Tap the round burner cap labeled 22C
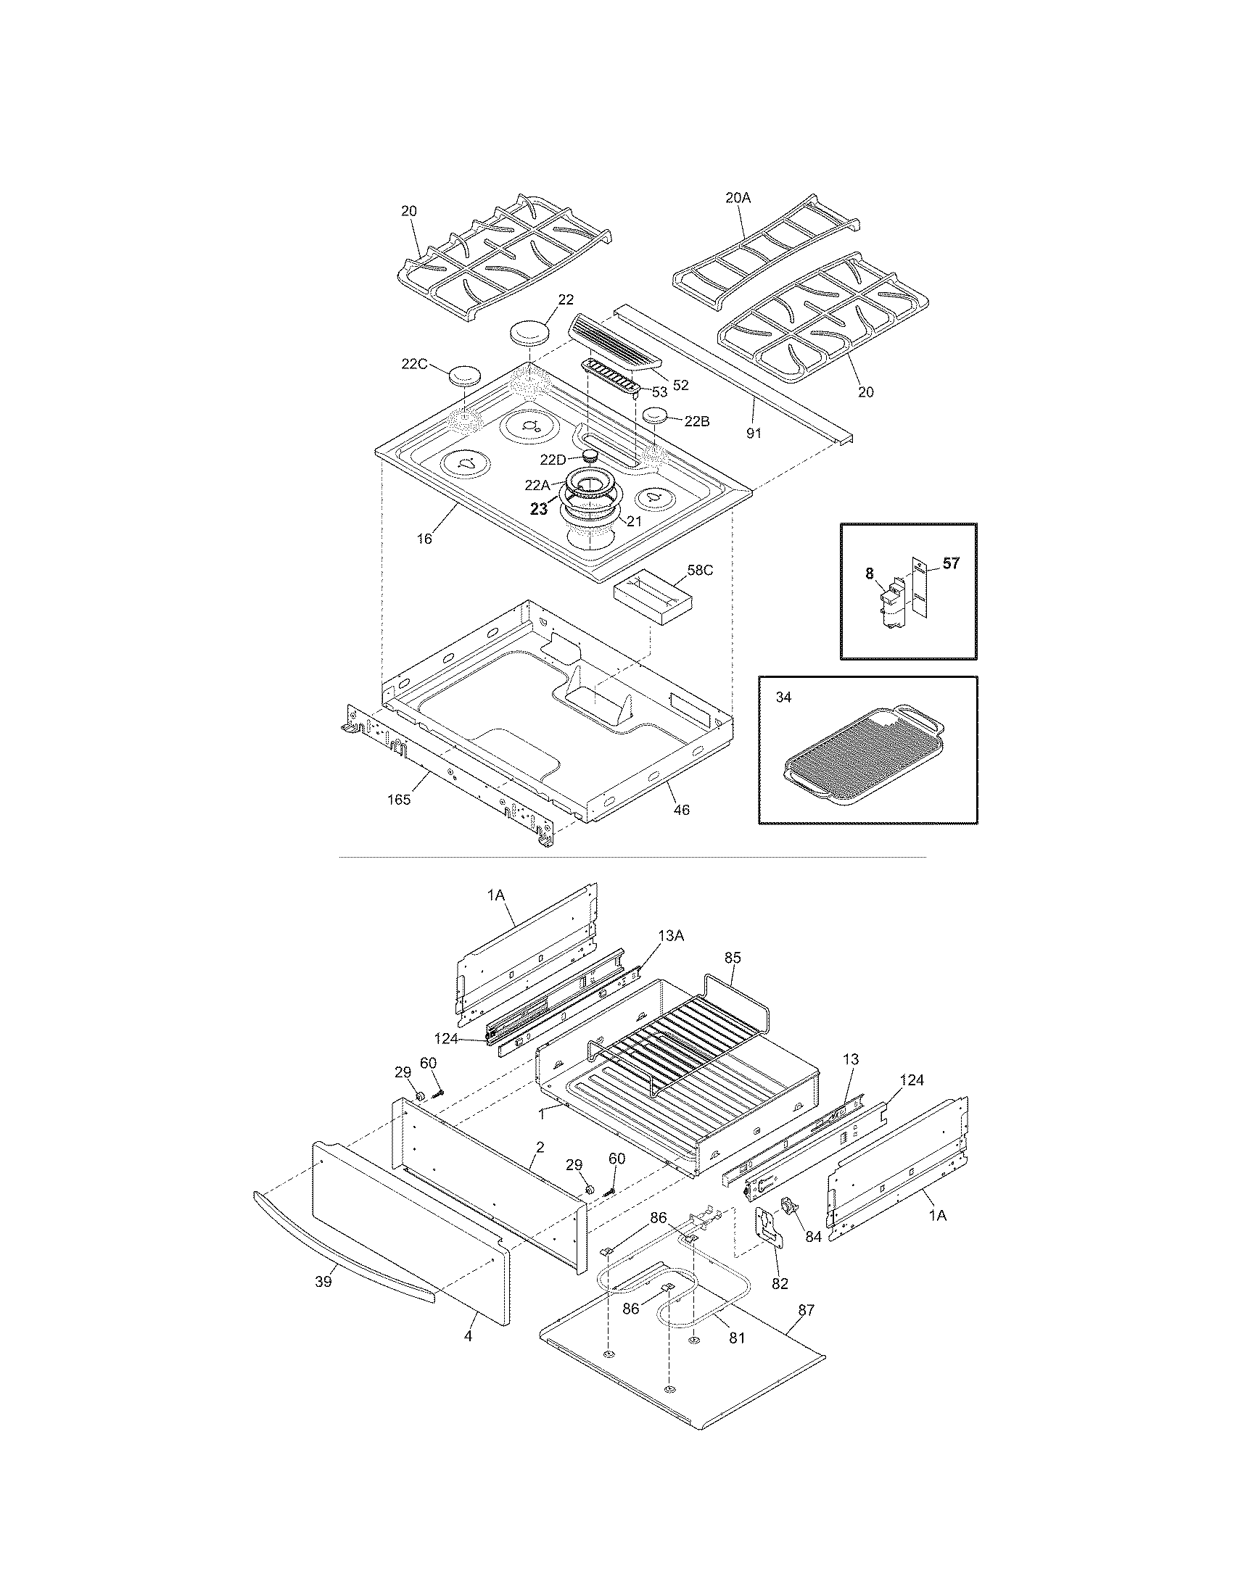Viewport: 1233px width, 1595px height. tap(465, 376)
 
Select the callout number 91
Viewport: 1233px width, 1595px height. tap(753, 433)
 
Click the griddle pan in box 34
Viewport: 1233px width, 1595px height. tap(862, 757)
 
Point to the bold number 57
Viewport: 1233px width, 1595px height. tap(950, 563)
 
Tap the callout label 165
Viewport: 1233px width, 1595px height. tap(399, 799)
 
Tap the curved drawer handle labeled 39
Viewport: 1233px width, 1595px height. tap(343, 1244)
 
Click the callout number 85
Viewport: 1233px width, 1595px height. tap(733, 956)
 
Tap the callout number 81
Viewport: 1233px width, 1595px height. tap(736, 1338)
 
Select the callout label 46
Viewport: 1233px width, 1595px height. tap(681, 809)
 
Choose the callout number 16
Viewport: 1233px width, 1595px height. tap(424, 539)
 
